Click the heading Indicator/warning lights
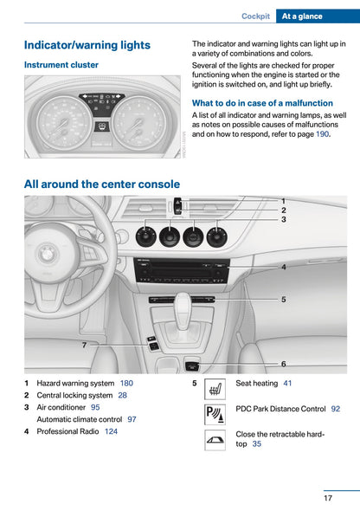pos(87,45)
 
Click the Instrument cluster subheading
pos(61,65)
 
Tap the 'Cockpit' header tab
pos(255,16)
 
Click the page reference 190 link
pos(322,134)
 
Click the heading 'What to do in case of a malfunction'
pos(262,103)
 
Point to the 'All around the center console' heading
pos(102,184)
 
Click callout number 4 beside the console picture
pos(283,268)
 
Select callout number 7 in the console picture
pos(84,345)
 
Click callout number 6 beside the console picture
pos(283,364)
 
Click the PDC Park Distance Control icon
pos(215,413)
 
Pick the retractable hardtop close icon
pos(215,439)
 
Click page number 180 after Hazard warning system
pos(126,383)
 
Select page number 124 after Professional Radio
pos(111,431)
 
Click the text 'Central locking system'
pos(74,395)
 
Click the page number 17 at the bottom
pos(329,498)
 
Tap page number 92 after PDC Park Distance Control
pos(335,408)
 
